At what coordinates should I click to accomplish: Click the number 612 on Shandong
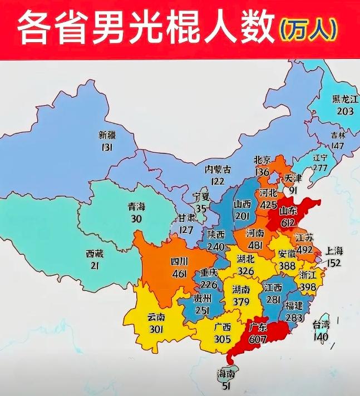(288, 222)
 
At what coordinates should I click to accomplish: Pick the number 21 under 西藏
(95, 265)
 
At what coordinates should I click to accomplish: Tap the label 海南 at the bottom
(225, 375)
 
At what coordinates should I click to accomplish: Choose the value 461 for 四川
(179, 273)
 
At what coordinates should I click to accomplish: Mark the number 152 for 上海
(336, 263)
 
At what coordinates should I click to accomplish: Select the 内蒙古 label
(218, 169)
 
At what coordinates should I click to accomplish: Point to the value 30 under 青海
(136, 219)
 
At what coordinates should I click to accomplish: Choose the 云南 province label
(156, 317)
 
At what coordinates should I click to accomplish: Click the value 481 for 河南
(255, 245)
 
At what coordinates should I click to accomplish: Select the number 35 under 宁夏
(201, 209)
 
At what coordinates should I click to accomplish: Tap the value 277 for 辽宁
(320, 168)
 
